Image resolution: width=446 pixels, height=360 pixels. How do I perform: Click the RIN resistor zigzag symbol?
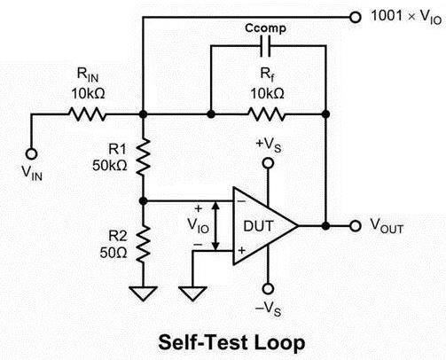click(x=87, y=114)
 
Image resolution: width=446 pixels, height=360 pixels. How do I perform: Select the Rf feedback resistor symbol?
click(x=267, y=114)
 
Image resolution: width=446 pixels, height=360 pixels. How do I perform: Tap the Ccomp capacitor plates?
click(x=265, y=46)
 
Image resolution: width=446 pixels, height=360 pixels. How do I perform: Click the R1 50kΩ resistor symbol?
click(x=143, y=157)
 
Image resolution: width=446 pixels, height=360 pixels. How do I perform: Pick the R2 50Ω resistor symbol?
click(x=143, y=244)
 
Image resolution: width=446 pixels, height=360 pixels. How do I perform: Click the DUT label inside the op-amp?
click(x=258, y=226)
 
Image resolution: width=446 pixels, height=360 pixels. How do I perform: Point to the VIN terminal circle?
click(x=31, y=154)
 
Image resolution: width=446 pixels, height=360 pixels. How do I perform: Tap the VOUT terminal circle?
click(x=356, y=226)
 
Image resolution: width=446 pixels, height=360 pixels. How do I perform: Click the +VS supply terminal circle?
click(x=268, y=163)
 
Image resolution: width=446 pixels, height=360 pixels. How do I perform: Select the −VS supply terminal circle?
click(x=268, y=289)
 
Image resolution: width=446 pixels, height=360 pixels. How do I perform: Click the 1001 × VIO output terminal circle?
click(x=356, y=17)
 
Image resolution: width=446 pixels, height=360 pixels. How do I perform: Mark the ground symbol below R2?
click(x=143, y=293)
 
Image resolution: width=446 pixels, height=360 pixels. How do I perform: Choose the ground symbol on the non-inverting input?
click(x=192, y=293)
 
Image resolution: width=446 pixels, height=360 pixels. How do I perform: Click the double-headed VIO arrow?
click(x=216, y=226)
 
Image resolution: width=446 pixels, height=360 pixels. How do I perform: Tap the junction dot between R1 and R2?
click(x=143, y=201)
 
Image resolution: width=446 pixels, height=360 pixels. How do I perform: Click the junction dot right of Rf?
click(x=325, y=114)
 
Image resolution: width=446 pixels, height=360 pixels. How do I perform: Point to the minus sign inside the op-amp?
click(x=241, y=201)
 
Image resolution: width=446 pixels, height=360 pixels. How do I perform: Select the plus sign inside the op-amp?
click(x=241, y=250)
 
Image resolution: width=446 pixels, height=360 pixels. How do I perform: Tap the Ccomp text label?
click(x=265, y=28)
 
